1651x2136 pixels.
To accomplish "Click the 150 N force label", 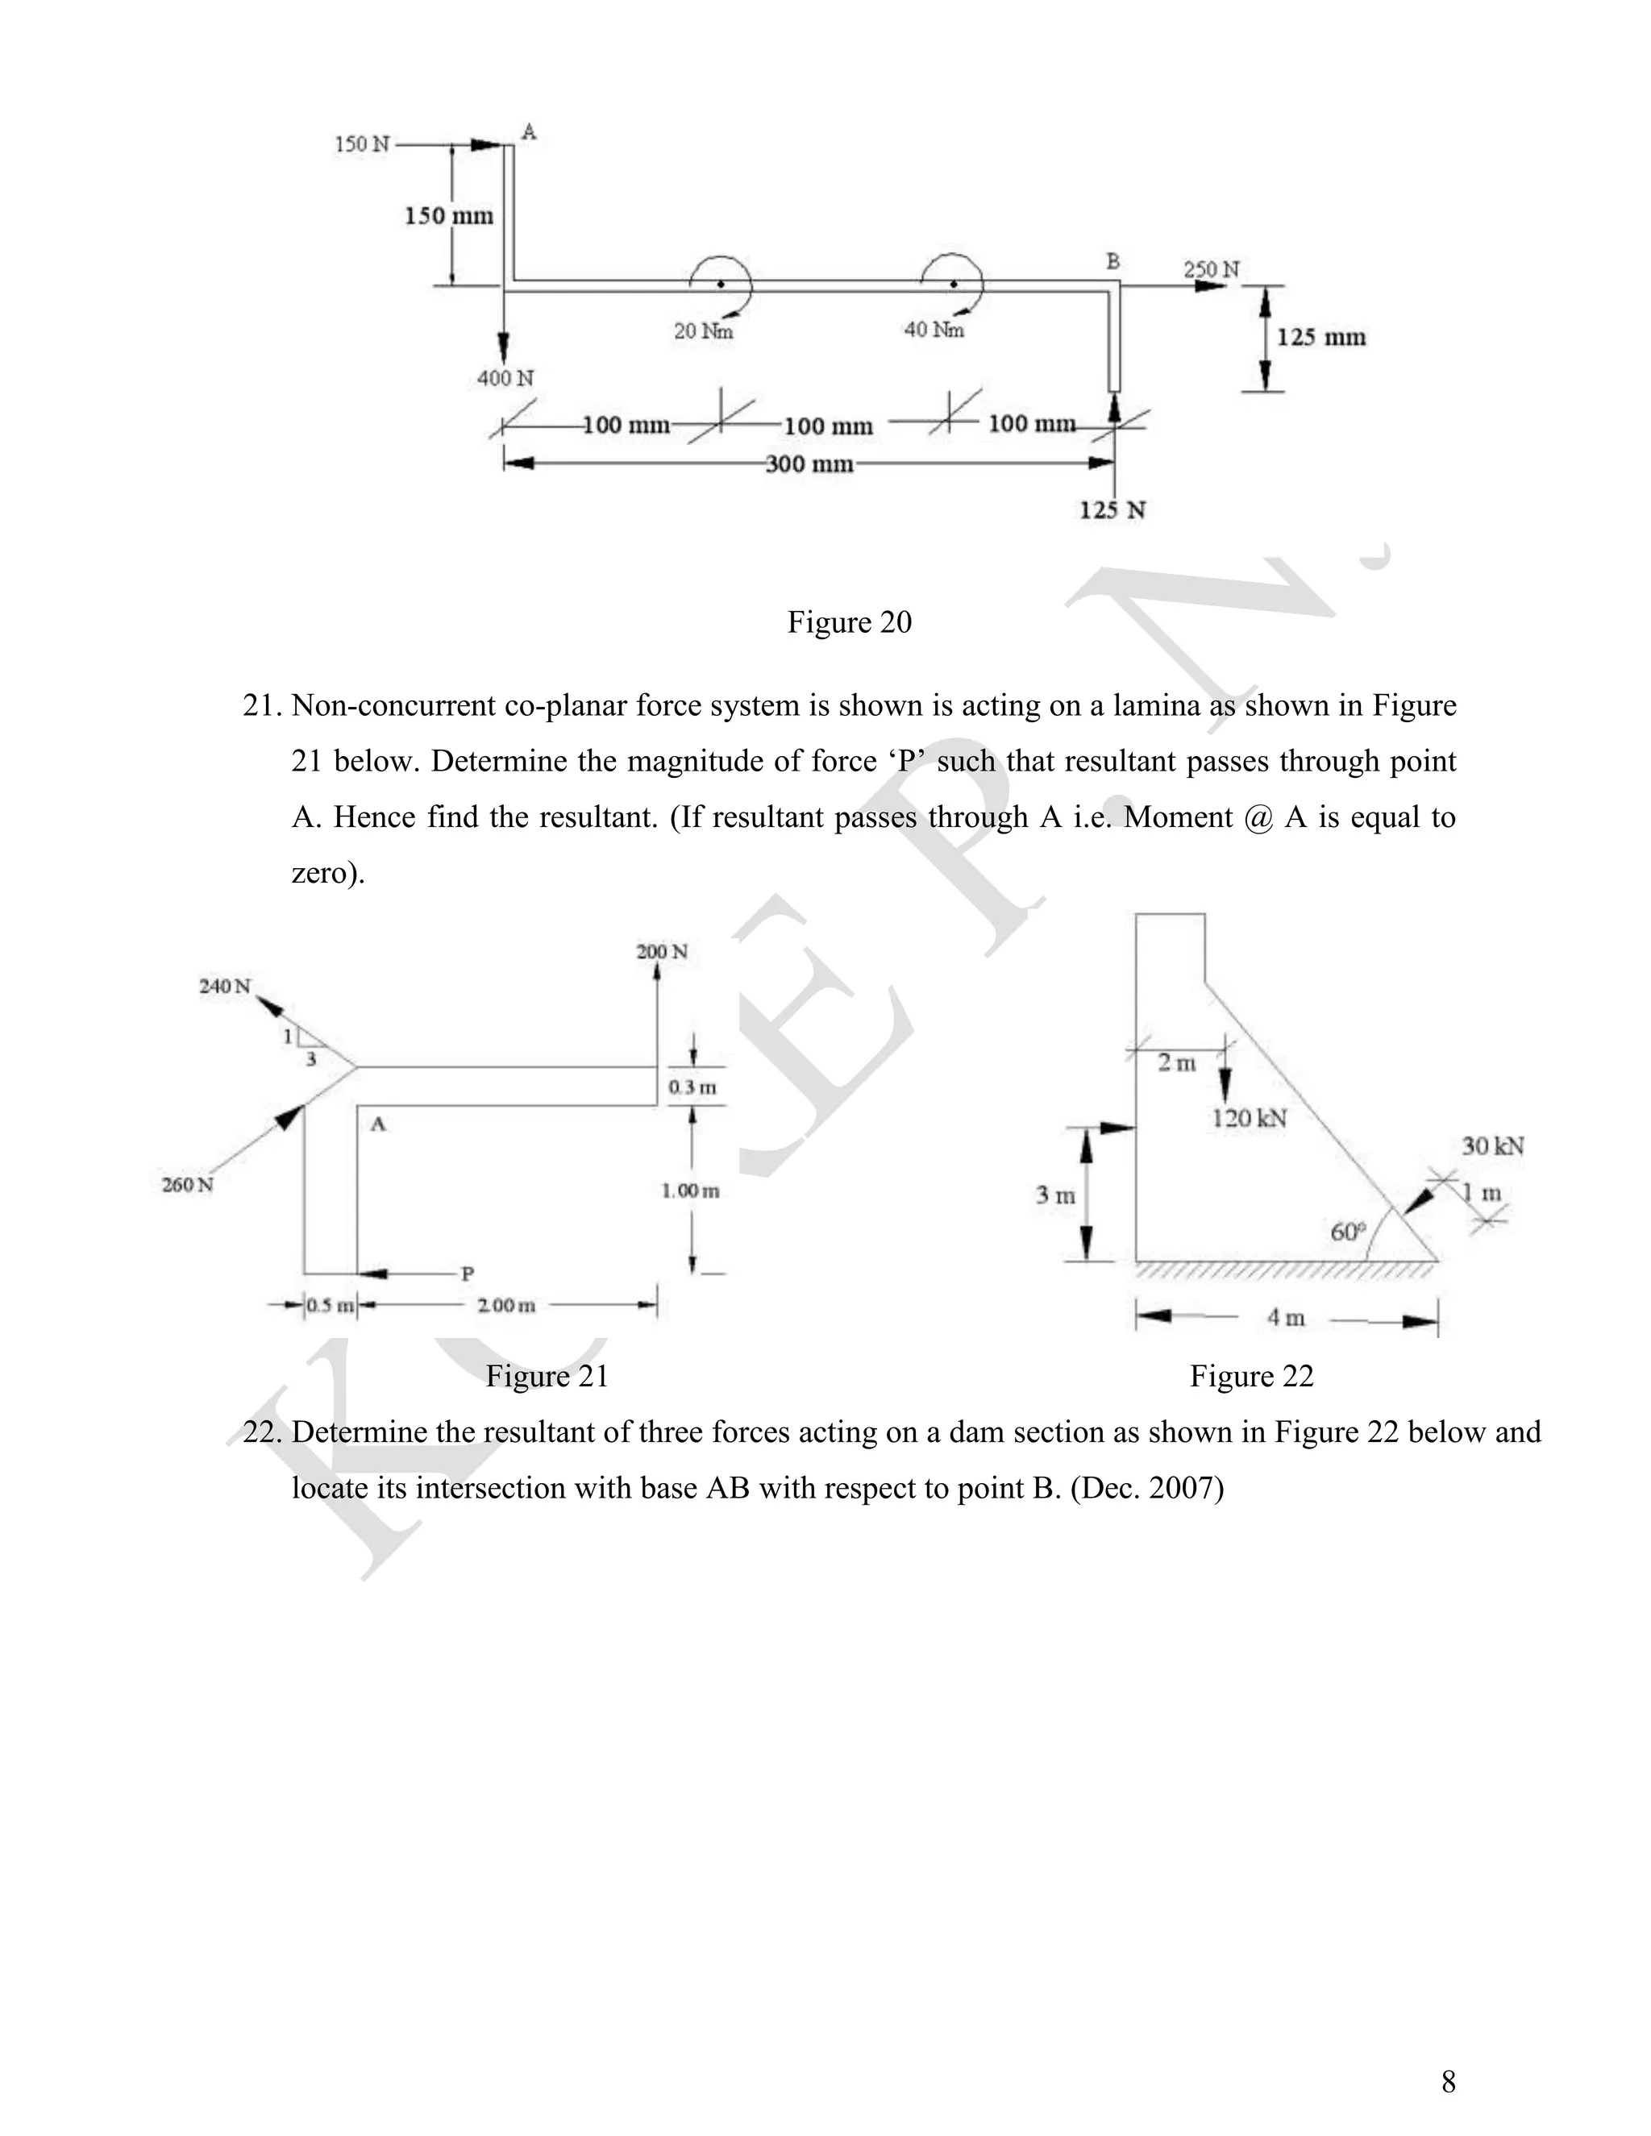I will [362, 145].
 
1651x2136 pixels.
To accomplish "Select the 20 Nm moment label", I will [703, 331].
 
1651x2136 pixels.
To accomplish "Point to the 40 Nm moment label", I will [934, 330].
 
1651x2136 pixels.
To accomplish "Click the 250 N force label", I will [1211, 269].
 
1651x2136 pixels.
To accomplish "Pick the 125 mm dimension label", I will [1320, 338].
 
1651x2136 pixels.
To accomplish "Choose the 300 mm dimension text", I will [809, 463].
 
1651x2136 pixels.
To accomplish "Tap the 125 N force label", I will [1112, 510].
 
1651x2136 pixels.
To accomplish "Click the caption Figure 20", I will [849, 622].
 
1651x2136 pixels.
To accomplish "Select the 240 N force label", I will [225, 986].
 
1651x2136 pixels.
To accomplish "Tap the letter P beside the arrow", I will [468, 1274].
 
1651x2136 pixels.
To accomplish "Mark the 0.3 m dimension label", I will [692, 1087].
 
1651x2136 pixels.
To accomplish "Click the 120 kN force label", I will [1249, 1119].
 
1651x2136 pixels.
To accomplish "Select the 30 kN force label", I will [1492, 1146].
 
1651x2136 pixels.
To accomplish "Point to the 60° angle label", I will [1348, 1232].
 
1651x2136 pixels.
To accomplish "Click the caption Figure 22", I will [1251, 1376].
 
